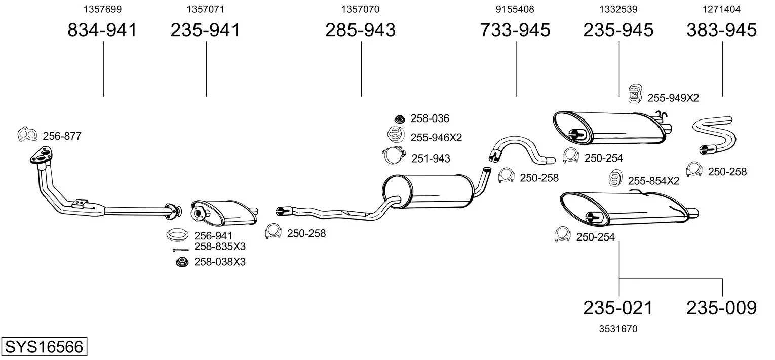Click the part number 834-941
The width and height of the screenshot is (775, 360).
tap(102, 30)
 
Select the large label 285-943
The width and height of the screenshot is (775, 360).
tap(360, 30)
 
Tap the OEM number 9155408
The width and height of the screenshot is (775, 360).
tap(515, 9)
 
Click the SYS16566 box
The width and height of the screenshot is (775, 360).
tap(44, 347)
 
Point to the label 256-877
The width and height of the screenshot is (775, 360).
tap(62, 136)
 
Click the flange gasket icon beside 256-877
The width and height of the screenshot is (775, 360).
tap(27, 134)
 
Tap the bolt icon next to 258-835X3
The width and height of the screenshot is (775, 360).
tap(180, 250)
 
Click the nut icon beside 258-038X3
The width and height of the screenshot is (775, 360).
tap(181, 262)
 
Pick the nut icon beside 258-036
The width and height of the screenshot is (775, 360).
tap(399, 119)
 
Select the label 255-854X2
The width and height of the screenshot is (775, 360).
tap(653, 181)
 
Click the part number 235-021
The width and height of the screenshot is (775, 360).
tap(618, 307)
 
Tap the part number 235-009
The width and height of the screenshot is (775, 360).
tap(721, 307)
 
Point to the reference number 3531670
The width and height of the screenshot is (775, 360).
tap(618, 329)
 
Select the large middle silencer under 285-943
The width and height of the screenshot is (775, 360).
tap(428, 191)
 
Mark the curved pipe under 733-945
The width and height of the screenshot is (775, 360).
tap(522, 149)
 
